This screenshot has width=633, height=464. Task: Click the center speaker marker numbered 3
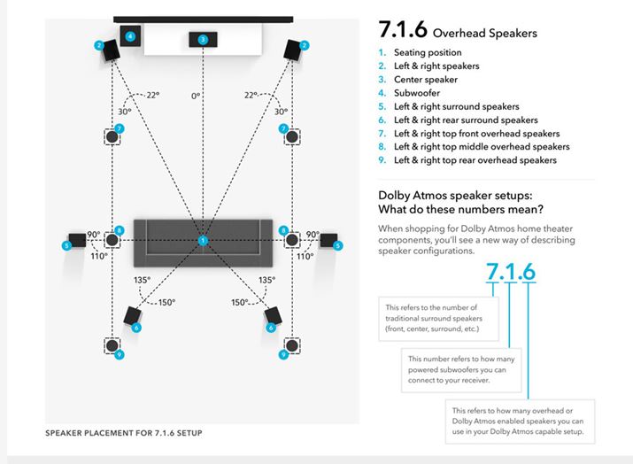(203, 39)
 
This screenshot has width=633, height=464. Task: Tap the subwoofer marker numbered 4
(129, 37)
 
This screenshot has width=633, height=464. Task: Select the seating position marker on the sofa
(203, 240)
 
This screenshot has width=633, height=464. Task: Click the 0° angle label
(203, 95)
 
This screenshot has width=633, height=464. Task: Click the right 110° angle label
(305, 256)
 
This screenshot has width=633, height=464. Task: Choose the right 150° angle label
(239, 302)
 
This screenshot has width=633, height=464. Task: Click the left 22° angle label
(154, 95)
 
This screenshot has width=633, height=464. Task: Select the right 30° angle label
(281, 112)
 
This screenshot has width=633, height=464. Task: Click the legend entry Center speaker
(428, 80)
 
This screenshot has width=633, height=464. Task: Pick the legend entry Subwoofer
(419, 93)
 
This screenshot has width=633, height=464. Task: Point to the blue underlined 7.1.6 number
(510, 271)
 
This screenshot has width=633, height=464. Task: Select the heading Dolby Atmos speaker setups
(460, 202)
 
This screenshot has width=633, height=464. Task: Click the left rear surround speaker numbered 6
(133, 319)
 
